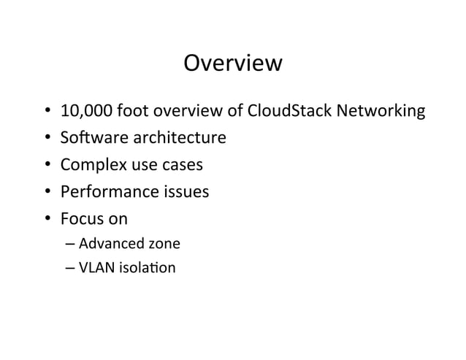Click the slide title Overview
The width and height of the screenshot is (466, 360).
pos(232,64)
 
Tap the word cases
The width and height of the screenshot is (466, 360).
pos(182,166)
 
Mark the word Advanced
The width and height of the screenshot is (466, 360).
pos(107,243)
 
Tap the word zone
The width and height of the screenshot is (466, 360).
pos(164,243)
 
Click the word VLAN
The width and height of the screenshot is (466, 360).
pos(94,267)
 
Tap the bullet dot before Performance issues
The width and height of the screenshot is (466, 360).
pos(46,193)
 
